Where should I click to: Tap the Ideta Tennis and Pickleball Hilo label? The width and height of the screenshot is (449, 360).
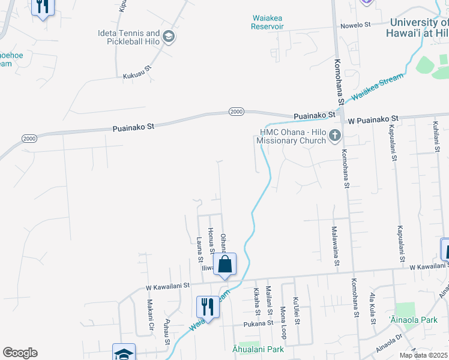[x=129, y=37]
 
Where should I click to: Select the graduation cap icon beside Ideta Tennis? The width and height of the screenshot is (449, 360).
[x=169, y=37]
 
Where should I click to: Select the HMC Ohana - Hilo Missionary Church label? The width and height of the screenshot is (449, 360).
[x=291, y=136]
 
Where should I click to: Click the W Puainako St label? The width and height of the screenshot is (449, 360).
[x=373, y=119]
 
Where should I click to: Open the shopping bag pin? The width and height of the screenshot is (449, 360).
[x=224, y=264]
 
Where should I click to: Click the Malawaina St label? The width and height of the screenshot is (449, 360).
[x=335, y=246]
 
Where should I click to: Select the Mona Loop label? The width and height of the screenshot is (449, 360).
[x=283, y=323]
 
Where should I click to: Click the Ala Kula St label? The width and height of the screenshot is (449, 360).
[x=373, y=311]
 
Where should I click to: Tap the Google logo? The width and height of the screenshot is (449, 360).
[x=20, y=353]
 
